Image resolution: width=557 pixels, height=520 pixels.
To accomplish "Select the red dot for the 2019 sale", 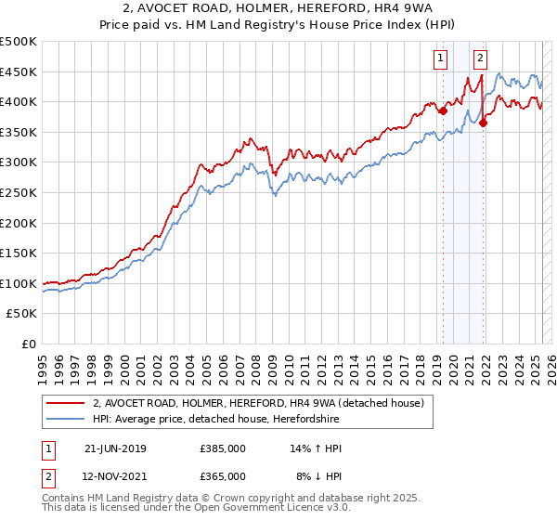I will (x=443, y=110).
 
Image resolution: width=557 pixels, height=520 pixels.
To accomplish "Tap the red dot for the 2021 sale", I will (x=484, y=123).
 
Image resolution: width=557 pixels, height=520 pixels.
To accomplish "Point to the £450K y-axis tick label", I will (x=19, y=71).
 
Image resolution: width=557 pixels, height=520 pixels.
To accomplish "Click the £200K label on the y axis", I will (x=19, y=223).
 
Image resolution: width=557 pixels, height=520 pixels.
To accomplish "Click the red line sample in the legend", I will (x=67, y=403).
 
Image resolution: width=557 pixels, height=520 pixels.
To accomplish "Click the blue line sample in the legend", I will (x=67, y=419).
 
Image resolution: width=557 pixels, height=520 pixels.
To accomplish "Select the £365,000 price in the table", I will (x=223, y=475).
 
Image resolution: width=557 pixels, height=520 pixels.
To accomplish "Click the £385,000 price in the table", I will (x=223, y=448).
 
